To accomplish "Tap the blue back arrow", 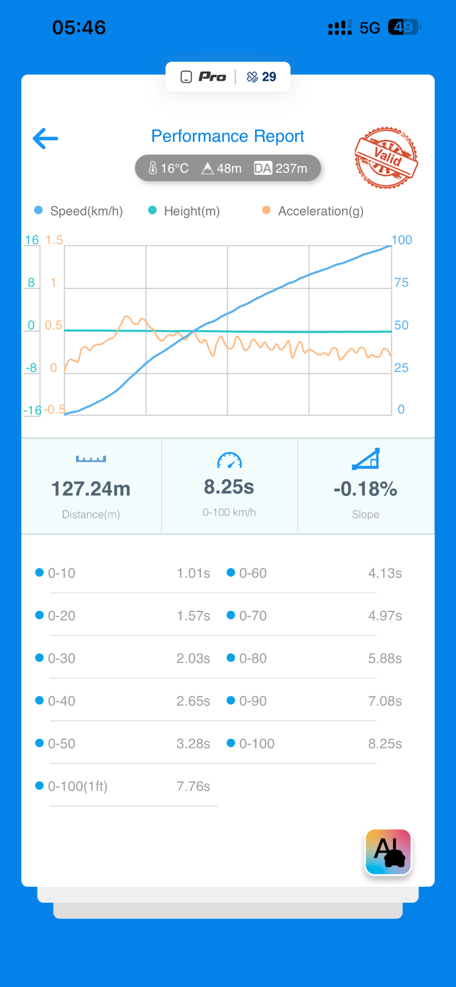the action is pos(45,138).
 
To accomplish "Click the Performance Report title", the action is pos(228,136).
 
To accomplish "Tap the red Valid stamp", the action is pos(386,158).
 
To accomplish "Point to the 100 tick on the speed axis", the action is pos(402,240).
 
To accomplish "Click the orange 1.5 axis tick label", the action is pos(54,240).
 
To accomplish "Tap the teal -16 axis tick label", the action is pos(32,410).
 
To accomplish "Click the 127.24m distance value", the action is pos(91,489).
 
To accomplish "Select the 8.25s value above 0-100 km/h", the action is pos(229,487).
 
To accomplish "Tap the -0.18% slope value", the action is pos(366,489).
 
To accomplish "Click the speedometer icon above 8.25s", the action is pos(229,460).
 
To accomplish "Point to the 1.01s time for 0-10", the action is pos(193,573).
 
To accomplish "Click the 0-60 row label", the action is pos(253,573).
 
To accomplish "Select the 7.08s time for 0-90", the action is pos(385,701).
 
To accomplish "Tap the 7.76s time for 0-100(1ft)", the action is pos(193,787).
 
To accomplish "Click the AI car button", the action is pos(388,852).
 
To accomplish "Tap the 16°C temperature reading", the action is pos(169,168).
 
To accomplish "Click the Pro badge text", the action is pos(212,77).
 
